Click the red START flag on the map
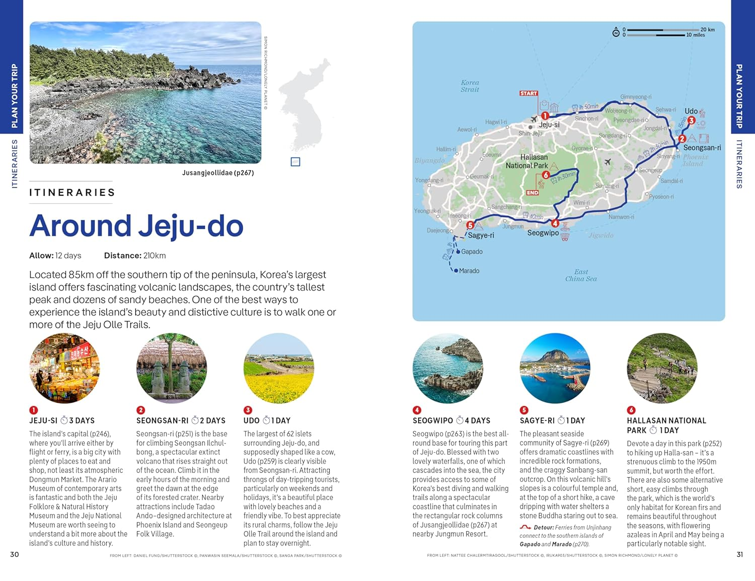point(528,93)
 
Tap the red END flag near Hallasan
point(532,193)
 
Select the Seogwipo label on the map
point(543,233)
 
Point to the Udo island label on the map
point(691,111)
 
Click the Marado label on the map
point(469,271)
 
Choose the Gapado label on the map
point(472,252)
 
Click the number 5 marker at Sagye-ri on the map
point(470,226)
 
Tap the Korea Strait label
point(470,86)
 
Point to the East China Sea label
point(581,275)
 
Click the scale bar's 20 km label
point(707,30)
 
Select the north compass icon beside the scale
point(616,33)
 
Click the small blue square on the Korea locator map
point(295,162)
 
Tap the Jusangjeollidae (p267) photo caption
point(217,173)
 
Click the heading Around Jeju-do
point(136,226)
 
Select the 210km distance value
point(155,256)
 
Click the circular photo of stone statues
point(172,368)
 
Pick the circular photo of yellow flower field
point(279,368)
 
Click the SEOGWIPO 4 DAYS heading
point(451,420)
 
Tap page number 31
point(739,554)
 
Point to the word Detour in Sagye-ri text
point(544,528)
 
